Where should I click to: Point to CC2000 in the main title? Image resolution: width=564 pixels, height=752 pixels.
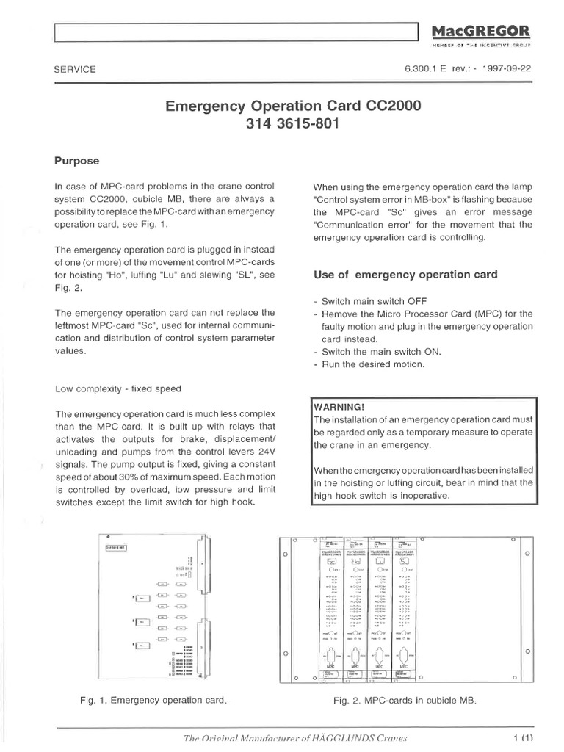[x=388, y=105]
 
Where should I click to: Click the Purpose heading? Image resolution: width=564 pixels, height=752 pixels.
[x=77, y=160]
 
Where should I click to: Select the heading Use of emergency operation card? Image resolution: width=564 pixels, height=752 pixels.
[x=405, y=274]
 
